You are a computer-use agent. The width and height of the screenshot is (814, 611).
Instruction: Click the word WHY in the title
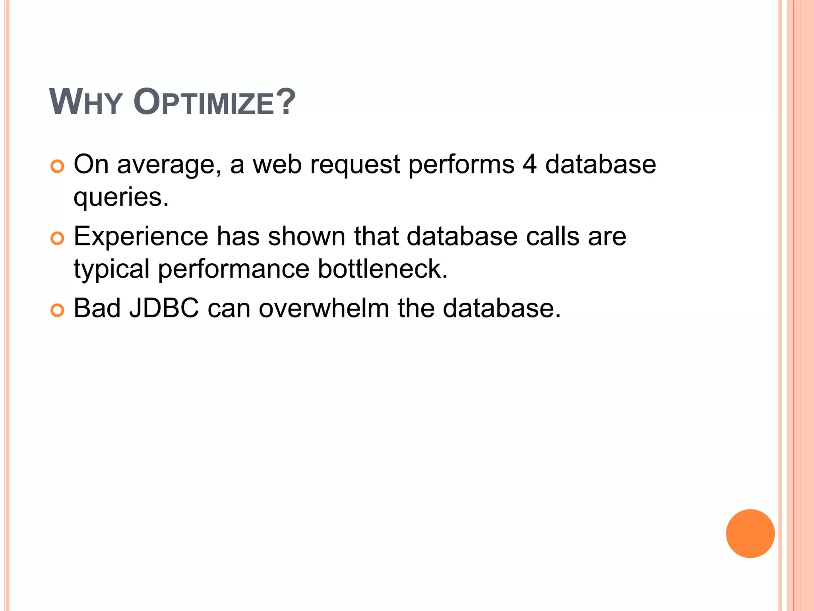85,103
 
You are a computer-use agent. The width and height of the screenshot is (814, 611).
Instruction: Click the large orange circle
750,533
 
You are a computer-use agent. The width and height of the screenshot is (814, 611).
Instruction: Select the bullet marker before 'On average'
58,167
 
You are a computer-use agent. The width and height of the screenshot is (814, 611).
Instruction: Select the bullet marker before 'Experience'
58,239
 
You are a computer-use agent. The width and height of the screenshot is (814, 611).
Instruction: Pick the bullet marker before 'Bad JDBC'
58,310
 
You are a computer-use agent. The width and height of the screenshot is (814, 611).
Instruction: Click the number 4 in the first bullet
529,164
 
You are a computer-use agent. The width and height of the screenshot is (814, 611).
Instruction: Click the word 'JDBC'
164,308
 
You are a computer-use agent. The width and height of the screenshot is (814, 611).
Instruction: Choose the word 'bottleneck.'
382,269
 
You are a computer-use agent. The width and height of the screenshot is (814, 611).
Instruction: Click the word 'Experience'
141,237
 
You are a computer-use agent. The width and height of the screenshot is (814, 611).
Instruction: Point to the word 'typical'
111,269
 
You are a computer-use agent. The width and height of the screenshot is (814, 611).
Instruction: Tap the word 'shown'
306,236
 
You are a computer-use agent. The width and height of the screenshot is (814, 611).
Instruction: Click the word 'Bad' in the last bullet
97,308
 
